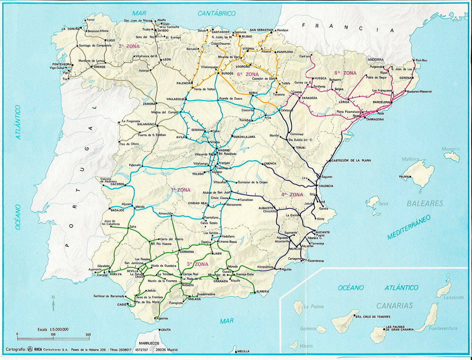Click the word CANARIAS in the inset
[394, 306]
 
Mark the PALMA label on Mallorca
[404, 177]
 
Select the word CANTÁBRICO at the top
[216, 13]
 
